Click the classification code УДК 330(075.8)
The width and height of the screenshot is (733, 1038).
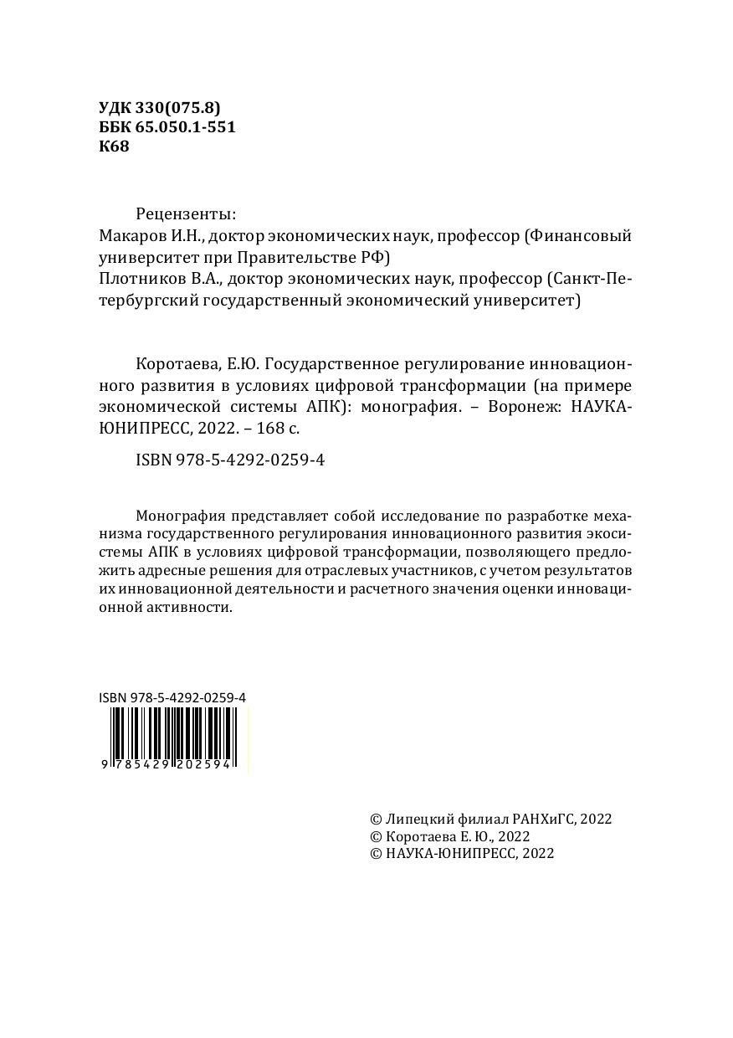159,107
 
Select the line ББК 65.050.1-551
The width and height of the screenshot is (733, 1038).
167,126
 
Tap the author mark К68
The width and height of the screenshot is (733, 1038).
114,146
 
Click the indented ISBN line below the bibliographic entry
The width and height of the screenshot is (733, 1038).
229,460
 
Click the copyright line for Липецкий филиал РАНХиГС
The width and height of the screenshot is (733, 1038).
490,819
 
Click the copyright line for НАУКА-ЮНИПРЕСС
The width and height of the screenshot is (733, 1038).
462,853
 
